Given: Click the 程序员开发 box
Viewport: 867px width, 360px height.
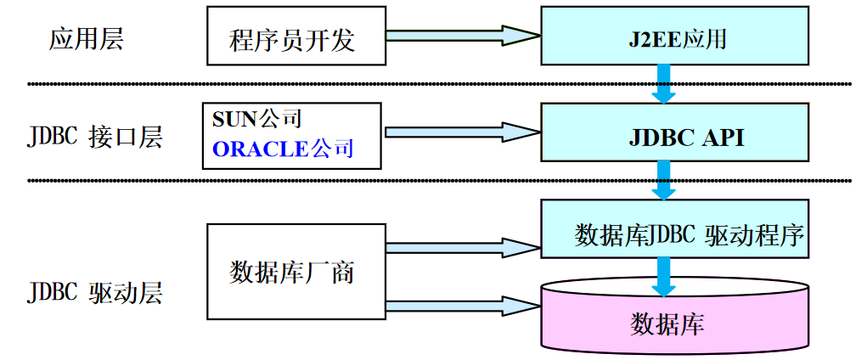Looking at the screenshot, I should tap(292, 36).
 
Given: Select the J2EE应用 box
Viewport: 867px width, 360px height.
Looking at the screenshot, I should tap(675, 37).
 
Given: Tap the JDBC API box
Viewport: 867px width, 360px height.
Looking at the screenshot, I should tap(675, 134).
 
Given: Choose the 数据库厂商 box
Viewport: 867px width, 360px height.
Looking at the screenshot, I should tap(292, 273).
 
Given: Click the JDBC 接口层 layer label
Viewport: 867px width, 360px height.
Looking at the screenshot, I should tap(94, 137).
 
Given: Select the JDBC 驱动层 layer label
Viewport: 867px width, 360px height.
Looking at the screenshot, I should tap(94, 293).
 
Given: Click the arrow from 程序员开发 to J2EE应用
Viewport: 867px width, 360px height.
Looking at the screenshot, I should tap(463, 36).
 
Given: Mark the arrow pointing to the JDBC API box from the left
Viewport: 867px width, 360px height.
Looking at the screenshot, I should tap(463, 132).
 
